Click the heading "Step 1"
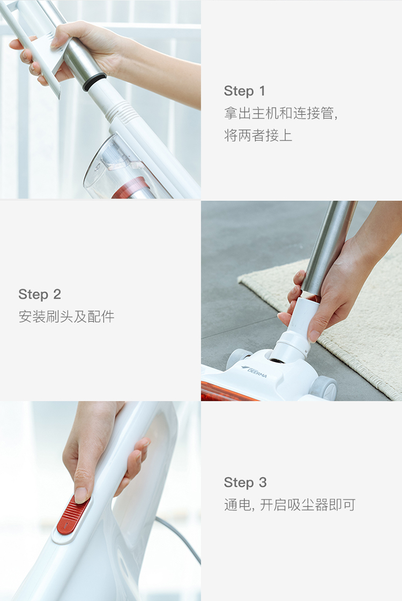244,91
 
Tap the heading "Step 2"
40,295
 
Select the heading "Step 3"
245,483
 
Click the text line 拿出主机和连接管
280,114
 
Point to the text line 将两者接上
258,136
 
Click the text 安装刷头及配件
66,317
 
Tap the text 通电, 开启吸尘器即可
289,505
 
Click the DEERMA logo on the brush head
254,371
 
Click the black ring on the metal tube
94,81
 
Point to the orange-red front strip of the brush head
226,392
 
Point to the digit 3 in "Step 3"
263,483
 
